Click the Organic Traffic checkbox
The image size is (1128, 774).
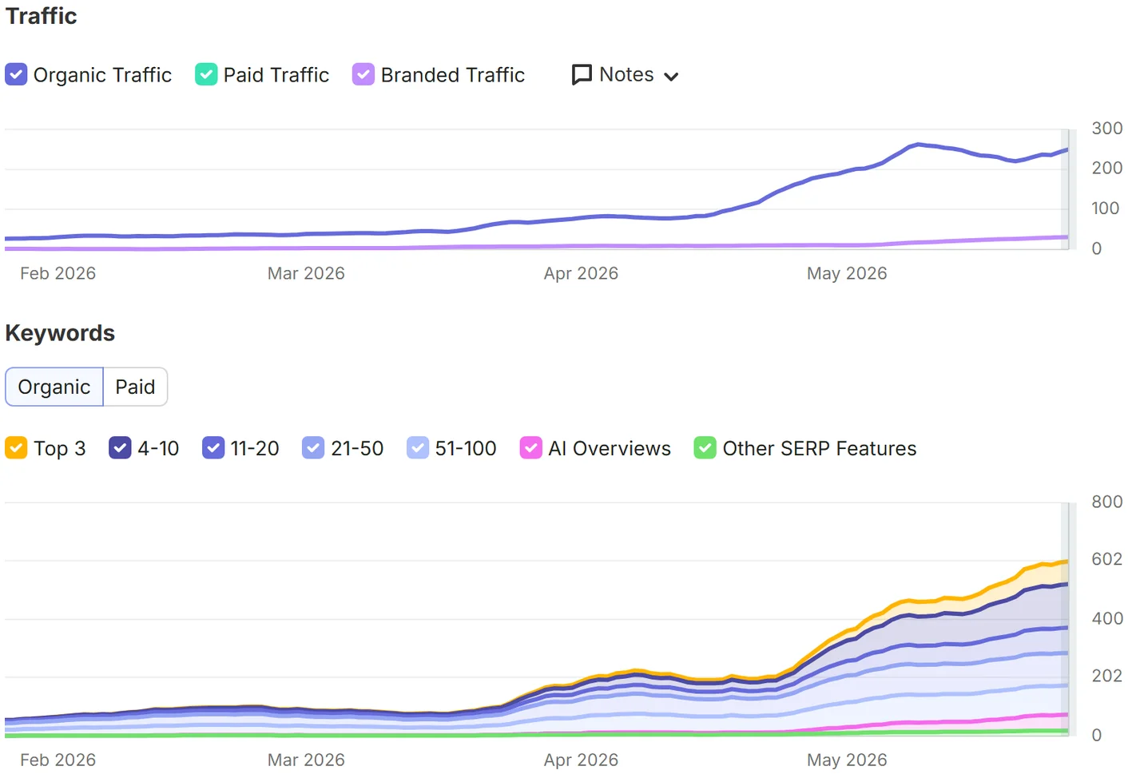(16, 74)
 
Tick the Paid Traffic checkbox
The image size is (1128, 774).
(206, 74)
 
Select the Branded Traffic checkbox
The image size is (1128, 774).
(363, 74)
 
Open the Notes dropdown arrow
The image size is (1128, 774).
(671, 77)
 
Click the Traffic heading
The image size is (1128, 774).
(41, 16)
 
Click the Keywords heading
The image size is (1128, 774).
(60, 333)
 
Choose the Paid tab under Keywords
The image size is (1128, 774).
(135, 387)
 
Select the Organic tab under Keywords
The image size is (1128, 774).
(54, 387)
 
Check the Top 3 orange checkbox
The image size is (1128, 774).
(16, 447)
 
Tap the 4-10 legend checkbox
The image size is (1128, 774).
(120, 447)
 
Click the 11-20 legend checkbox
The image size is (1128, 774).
(213, 447)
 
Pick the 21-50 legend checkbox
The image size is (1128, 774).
(313, 447)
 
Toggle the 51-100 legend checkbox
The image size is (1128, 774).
(418, 447)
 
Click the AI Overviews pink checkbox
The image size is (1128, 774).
(530, 447)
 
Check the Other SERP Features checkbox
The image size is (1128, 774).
(705, 447)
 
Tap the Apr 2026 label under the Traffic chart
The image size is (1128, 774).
(581, 273)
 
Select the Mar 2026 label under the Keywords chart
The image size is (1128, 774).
(306, 760)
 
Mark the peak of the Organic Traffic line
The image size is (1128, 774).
(918, 145)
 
